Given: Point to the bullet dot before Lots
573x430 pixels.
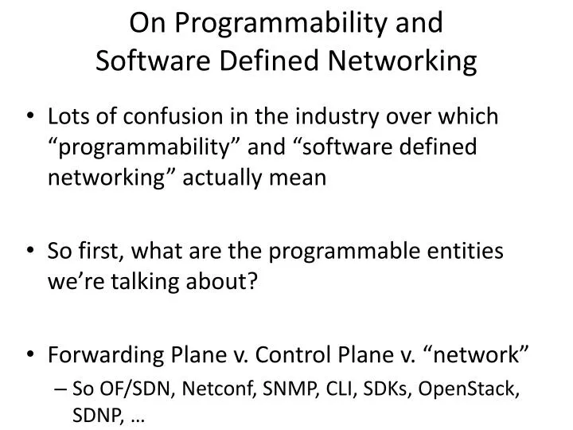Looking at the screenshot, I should tap(29, 118).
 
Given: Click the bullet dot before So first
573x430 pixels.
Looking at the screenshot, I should tap(29, 252).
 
